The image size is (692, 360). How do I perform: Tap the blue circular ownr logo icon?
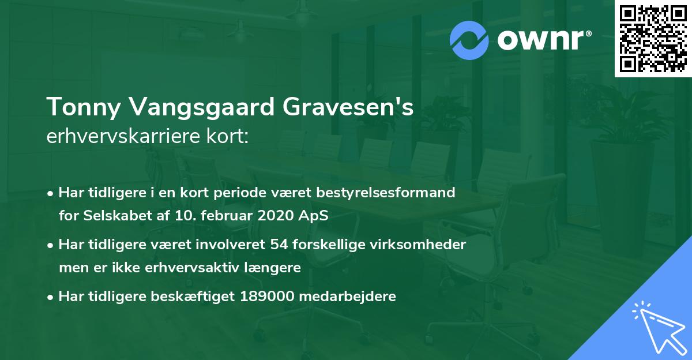pos(469,40)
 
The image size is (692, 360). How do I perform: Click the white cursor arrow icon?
pos(657,325)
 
